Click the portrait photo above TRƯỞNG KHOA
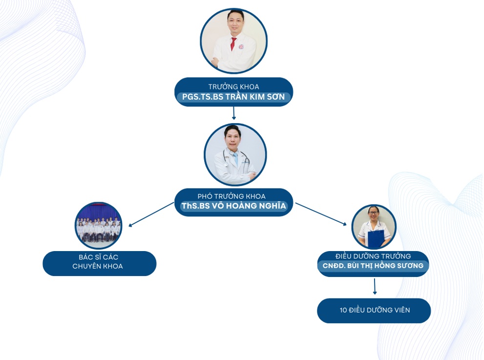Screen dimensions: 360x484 pyautogui.click(x=233, y=41)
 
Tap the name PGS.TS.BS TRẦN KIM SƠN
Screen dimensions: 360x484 pyautogui.click(x=233, y=97)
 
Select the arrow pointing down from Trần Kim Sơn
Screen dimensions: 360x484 pyautogui.click(x=234, y=113)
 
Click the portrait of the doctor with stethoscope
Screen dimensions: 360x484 pyautogui.click(x=235, y=154)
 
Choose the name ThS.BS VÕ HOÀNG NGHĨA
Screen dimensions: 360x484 pyautogui.click(x=233, y=206)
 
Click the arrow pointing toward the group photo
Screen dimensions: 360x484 pyautogui.click(x=151, y=214)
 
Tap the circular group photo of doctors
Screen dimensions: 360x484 pyautogui.click(x=98, y=226)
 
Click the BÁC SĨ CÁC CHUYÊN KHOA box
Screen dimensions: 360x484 pyautogui.click(x=99, y=263)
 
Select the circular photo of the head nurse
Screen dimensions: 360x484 pyautogui.click(x=374, y=227)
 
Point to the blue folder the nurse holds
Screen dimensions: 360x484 pyautogui.click(x=376, y=239)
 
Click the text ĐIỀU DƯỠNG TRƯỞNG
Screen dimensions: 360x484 pyautogui.click(x=373, y=256)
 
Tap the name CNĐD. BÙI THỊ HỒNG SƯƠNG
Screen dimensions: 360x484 pyautogui.click(x=373, y=266)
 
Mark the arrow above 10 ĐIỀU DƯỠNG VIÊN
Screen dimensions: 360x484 pyautogui.click(x=375, y=287)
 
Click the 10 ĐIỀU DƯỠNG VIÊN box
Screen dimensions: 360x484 pyautogui.click(x=374, y=310)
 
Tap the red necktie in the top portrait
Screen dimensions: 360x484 pyautogui.click(x=233, y=43)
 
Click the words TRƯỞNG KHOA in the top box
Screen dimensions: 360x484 pyautogui.click(x=233, y=86)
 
